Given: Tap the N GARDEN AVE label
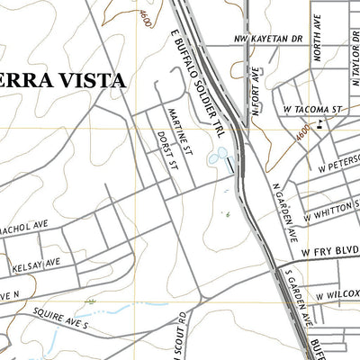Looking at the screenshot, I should pos(284,216).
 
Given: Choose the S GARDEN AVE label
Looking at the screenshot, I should pos(294,296).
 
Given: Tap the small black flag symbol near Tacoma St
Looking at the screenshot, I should pos(320,127).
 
